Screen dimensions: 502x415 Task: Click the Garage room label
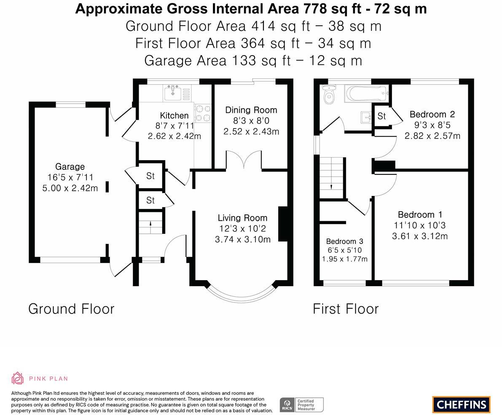coord(70,166)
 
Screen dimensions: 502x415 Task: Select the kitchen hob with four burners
coord(203,113)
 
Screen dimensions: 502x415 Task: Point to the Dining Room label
coord(251,110)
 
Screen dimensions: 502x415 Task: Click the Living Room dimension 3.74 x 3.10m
coord(243,239)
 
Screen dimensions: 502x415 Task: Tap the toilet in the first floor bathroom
coord(329,95)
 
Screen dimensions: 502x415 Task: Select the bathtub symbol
coord(367,94)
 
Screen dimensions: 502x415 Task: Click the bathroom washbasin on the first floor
coord(366,117)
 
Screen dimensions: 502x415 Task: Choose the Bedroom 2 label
coord(432,114)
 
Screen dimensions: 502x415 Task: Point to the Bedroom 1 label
coord(420,214)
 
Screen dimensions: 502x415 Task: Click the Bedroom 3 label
coord(344,241)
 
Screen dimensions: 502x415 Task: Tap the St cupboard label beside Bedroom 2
coord(381,116)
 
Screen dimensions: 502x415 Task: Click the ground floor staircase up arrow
coord(150,225)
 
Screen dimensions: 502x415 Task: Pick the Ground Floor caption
coord(71,309)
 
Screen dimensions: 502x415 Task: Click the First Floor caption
coord(346,309)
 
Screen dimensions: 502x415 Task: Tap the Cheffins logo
coord(462,404)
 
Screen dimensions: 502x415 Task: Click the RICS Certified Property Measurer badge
coord(302,405)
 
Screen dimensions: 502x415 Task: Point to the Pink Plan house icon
coord(17,378)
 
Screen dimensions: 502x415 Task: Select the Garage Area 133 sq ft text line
coord(253,61)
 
